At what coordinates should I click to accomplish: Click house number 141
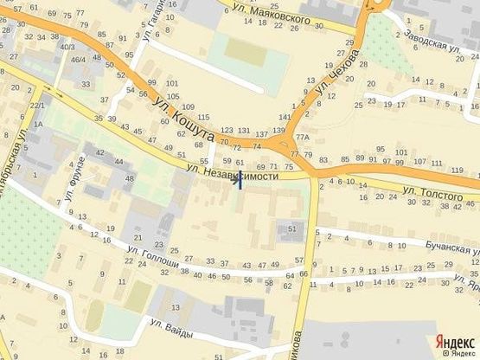click(x=286, y=117)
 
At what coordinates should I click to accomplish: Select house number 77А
click(x=302, y=138)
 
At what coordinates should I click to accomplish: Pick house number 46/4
click(x=78, y=60)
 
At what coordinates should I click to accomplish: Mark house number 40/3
click(x=67, y=46)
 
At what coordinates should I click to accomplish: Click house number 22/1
click(x=37, y=106)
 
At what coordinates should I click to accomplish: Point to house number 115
click(x=203, y=117)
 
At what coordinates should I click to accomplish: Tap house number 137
click(x=262, y=134)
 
